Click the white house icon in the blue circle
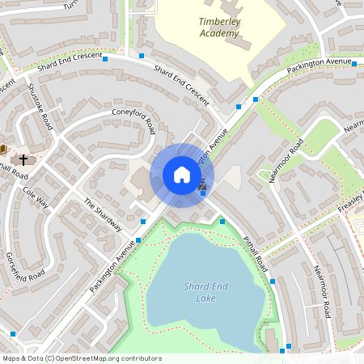(182, 175)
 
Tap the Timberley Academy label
(219, 28)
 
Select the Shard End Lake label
(205, 292)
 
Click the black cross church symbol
(23, 159)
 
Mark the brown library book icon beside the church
(3, 149)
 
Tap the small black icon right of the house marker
(202, 187)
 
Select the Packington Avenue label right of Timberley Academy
(319, 66)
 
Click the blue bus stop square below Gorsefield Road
(13, 333)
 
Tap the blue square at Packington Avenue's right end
(354, 62)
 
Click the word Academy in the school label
(219, 34)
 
